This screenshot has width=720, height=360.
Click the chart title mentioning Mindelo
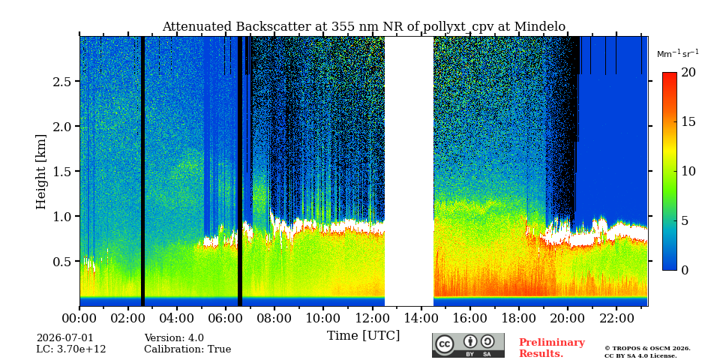click(x=364, y=27)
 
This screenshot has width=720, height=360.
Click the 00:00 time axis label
click(x=79, y=318)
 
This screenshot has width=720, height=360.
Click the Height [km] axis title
click(x=41, y=172)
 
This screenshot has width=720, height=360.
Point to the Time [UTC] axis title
click(x=363, y=336)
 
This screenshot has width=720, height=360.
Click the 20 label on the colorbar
click(x=688, y=73)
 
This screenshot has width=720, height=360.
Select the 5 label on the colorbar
click(x=685, y=220)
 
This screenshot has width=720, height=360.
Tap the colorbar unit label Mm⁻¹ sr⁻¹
click(x=678, y=54)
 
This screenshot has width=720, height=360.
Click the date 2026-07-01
click(x=64, y=338)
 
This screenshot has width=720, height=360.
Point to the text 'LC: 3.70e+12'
click(x=71, y=349)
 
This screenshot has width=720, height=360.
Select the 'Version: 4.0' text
click(x=174, y=338)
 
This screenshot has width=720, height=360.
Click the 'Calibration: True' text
click(x=187, y=349)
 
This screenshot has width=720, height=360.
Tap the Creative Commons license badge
click(x=468, y=345)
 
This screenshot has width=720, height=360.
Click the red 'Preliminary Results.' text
click(x=552, y=348)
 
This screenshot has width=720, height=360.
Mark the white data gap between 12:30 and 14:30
click(x=409, y=171)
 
